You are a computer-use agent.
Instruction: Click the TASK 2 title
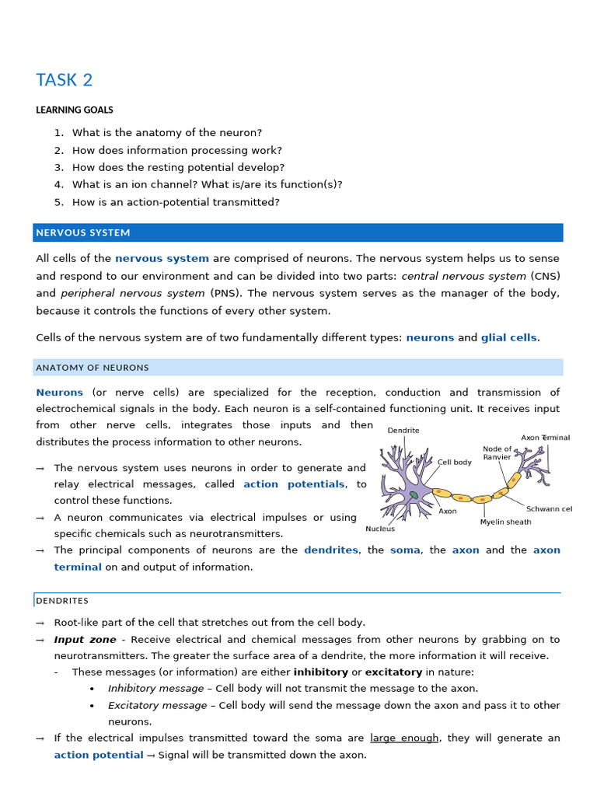coord(64,80)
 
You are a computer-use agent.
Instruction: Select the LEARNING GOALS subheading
coord(75,110)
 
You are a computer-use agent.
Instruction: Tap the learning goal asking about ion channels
coord(207,184)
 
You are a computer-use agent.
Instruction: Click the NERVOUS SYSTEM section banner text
coord(83,232)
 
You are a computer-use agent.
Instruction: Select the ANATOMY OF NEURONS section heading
coord(93,367)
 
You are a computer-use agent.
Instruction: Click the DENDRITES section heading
coord(62,600)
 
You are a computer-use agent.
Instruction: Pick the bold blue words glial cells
coord(509,337)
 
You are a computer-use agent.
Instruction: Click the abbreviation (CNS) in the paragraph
coord(545,276)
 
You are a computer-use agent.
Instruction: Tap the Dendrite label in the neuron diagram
coord(403,430)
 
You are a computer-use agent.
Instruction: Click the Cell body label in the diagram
coord(455,462)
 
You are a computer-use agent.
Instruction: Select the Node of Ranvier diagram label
coord(497,453)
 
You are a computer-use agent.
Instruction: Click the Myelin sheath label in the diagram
coord(505,522)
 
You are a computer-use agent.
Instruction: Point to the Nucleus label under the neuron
coord(380,529)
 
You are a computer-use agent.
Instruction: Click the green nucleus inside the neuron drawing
coord(414,494)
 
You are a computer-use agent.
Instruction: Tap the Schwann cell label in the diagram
coord(549,509)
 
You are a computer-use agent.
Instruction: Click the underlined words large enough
coord(403,738)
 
